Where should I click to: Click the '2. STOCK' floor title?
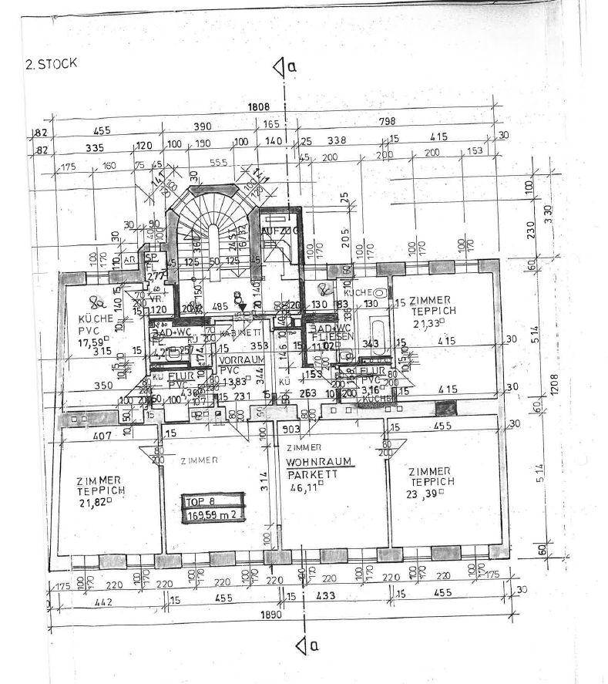click(52, 63)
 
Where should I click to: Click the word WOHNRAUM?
click(318, 462)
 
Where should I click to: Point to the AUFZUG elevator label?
click(274, 231)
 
